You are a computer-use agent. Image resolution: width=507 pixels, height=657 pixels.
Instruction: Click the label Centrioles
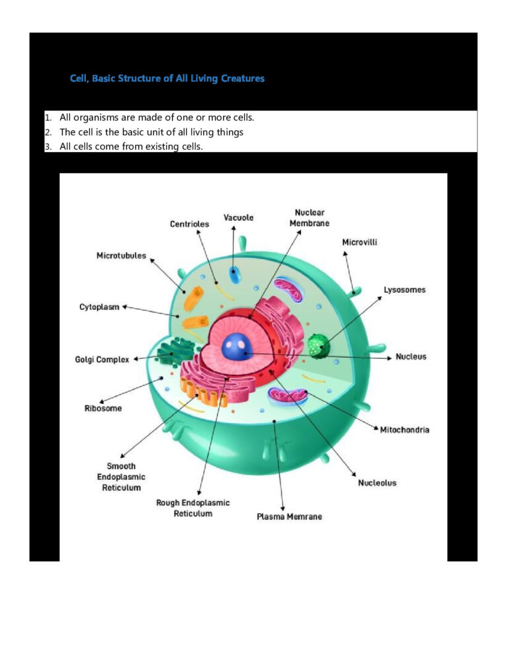[x=189, y=224]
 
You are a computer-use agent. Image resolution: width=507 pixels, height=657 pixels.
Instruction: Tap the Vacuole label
[x=238, y=217]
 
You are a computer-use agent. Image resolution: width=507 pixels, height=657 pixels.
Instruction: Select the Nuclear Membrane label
[x=309, y=217]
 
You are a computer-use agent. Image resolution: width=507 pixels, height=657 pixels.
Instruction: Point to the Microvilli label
[x=360, y=242]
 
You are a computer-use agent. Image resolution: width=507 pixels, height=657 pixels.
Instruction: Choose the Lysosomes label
[x=405, y=290]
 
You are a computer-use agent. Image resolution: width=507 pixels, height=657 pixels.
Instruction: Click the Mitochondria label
[x=405, y=430]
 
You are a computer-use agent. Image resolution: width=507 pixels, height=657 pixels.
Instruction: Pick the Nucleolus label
[x=377, y=483]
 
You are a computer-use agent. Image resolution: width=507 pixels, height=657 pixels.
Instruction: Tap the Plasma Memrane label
[x=289, y=516]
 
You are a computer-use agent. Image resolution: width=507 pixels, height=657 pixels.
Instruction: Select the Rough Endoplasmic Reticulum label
[x=193, y=508]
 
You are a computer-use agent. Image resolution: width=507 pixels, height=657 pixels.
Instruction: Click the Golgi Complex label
[x=102, y=360]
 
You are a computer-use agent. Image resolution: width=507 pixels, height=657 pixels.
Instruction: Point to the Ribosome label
[x=103, y=408]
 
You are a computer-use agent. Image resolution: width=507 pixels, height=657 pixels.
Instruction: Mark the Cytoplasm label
[x=100, y=307]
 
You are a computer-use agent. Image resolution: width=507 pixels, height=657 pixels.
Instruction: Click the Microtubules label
[x=121, y=256]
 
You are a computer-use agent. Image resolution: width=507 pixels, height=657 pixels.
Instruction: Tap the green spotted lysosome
[x=318, y=345]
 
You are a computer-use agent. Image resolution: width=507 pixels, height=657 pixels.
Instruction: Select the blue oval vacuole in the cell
[x=234, y=276]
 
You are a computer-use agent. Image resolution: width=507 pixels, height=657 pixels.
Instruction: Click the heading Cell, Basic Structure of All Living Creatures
[x=167, y=79]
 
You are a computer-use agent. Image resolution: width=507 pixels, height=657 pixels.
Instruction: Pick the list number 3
[x=48, y=147]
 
